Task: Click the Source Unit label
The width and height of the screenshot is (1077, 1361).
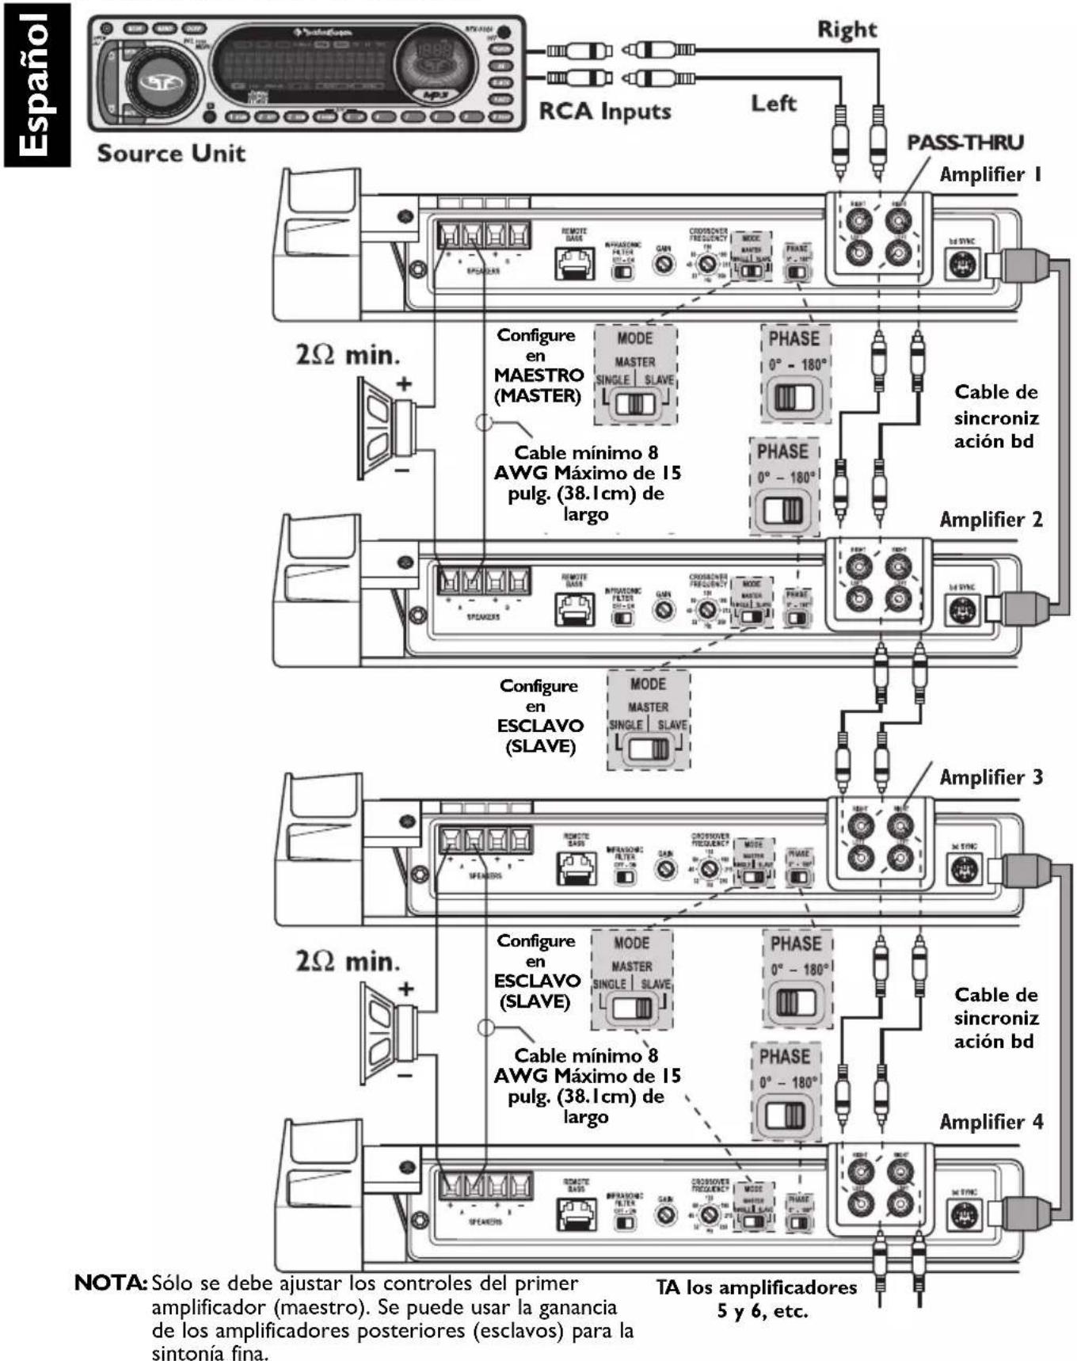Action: coord(171,154)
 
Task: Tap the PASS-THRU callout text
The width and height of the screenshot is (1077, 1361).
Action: coord(965,143)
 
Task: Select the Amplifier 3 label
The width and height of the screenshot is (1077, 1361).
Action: coord(991,777)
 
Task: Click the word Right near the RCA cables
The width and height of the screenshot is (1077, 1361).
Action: coord(847,30)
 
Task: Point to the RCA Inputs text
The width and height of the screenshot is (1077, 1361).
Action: coord(604,112)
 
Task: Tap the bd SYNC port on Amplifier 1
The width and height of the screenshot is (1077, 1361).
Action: coord(964,265)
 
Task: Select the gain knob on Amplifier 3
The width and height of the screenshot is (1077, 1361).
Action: coord(666,869)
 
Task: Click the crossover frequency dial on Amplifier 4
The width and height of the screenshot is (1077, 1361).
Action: coord(710,1214)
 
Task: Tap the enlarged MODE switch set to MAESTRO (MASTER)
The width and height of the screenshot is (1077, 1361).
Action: coord(636,403)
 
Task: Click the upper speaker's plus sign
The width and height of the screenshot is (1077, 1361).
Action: coord(405,384)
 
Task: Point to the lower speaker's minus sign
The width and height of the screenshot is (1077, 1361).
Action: coord(405,1075)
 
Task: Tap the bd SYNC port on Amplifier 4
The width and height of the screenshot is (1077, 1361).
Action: coord(964,1214)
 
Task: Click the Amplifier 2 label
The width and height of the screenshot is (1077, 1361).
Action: coord(991,520)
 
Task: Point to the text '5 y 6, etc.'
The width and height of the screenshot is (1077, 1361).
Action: coord(762,1311)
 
